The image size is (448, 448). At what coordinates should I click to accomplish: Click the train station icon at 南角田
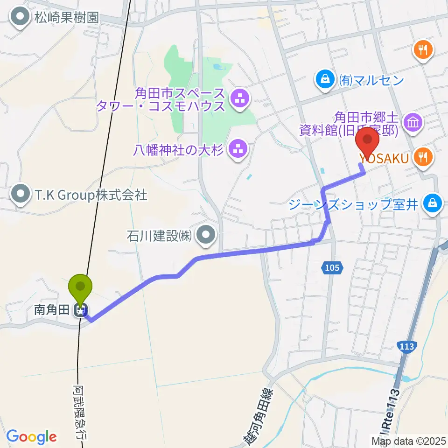(81, 310)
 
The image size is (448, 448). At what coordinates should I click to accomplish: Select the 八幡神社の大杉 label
(179, 150)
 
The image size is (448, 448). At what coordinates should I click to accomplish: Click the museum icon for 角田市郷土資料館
(413, 123)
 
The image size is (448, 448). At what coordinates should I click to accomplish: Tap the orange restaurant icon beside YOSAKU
(423, 158)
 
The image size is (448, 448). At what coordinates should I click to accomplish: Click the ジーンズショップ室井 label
(354, 204)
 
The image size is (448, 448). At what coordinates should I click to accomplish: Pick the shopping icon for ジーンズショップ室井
(433, 203)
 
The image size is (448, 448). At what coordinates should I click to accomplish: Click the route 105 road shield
(332, 268)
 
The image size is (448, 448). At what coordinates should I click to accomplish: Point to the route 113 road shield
(407, 347)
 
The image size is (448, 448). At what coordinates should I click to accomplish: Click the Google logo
(32, 437)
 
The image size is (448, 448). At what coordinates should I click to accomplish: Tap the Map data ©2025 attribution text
(409, 440)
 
